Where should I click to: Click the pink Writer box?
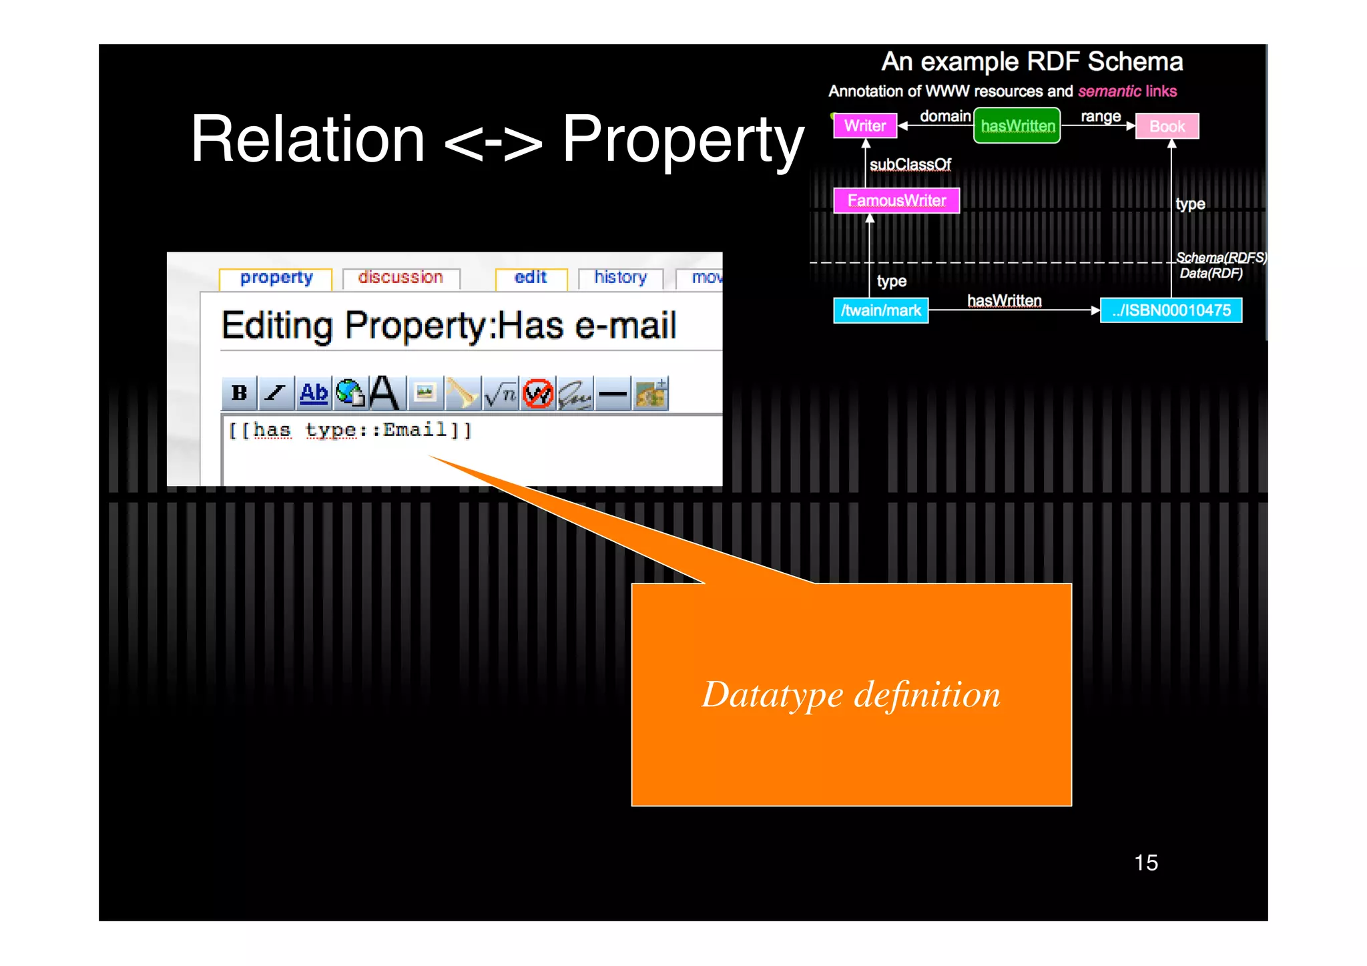[865, 126]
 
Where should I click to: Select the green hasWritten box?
[1017, 126]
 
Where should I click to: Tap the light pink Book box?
[1167, 126]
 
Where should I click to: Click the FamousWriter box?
[896, 200]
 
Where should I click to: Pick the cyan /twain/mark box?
[881, 310]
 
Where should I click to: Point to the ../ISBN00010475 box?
[1171, 310]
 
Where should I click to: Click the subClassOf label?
[910, 164]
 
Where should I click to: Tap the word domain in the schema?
[944, 116]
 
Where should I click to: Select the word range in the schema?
[1101, 116]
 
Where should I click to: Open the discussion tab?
[400, 278]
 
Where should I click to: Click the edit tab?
[531, 278]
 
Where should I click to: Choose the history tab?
[621, 278]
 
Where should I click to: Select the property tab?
[276, 278]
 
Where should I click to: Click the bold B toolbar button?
[239, 393]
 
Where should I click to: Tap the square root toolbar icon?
[501, 394]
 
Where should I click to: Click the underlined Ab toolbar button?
[314, 393]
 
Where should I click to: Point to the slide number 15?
[1146, 863]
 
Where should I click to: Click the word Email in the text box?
[415, 429]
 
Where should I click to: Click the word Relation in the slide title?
[308, 139]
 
